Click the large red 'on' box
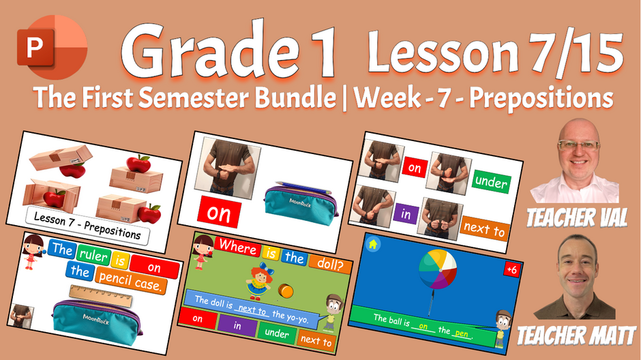pos(220,214)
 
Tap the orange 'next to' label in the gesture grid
pos(484,229)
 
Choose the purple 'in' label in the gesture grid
pos(405,214)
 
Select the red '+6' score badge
pos(511,269)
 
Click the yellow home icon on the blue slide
pos(373,245)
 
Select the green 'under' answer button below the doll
pos(277,333)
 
